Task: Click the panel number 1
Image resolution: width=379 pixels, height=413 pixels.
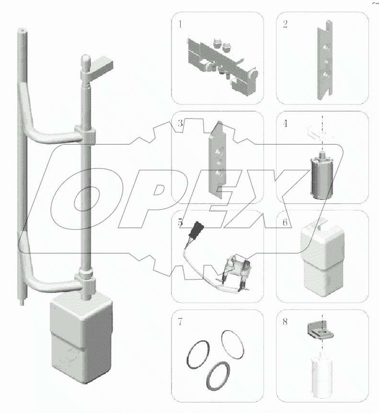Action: point(180,24)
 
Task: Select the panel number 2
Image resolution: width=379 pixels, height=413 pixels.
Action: point(285,24)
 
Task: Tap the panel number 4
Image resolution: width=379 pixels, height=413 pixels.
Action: point(285,124)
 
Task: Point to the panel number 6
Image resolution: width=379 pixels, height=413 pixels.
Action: point(285,223)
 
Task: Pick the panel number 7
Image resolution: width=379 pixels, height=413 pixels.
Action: point(180,321)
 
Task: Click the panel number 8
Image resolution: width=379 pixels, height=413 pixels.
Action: point(285,321)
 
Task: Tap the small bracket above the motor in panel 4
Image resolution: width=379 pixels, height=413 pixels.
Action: point(320,132)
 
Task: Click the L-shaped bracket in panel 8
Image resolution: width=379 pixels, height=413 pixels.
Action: point(320,330)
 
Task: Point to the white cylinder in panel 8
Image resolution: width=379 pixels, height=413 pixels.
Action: point(322,377)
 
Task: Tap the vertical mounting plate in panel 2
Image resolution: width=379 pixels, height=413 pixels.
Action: point(325,60)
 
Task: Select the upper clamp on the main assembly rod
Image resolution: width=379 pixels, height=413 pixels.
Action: point(85,135)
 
